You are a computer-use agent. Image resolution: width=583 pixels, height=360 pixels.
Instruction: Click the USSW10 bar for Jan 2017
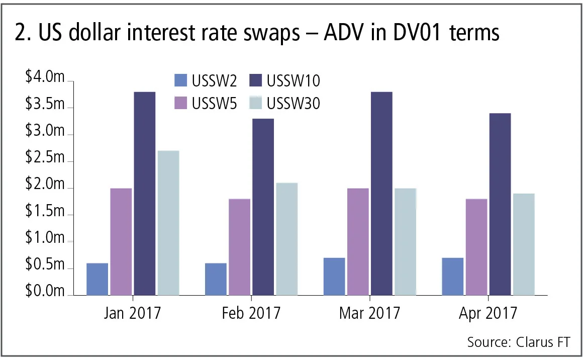click(x=145, y=194)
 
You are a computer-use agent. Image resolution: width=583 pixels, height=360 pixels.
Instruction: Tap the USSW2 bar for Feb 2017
click(x=216, y=279)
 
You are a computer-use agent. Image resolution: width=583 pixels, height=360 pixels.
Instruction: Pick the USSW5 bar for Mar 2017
click(x=358, y=242)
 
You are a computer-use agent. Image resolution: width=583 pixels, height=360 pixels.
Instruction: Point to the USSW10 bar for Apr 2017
click(x=500, y=204)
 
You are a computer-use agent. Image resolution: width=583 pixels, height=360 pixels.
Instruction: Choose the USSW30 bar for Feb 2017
click(x=287, y=239)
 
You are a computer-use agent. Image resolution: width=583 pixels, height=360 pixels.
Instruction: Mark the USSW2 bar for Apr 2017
click(x=453, y=277)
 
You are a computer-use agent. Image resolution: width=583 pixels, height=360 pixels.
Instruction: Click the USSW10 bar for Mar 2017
click(x=381, y=194)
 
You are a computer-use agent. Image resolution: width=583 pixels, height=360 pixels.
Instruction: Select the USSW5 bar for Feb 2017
click(x=239, y=247)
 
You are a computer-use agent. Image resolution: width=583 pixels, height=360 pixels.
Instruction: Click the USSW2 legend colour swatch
click(x=179, y=80)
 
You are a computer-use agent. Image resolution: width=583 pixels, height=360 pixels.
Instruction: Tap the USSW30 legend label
click(x=294, y=103)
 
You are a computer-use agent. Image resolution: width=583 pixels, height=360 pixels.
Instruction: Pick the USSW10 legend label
click(x=294, y=80)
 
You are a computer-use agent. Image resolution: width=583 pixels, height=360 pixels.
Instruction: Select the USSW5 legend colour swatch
click(x=179, y=103)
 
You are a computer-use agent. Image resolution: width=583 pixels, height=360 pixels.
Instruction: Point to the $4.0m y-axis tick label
click(x=45, y=78)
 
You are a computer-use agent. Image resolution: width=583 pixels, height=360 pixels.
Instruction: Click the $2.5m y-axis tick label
click(x=45, y=158)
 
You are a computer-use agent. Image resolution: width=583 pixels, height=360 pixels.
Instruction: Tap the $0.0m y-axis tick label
click(x=45, y=292)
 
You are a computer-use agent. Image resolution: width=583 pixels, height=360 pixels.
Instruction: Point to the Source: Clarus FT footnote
click(x=519, y=342)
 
